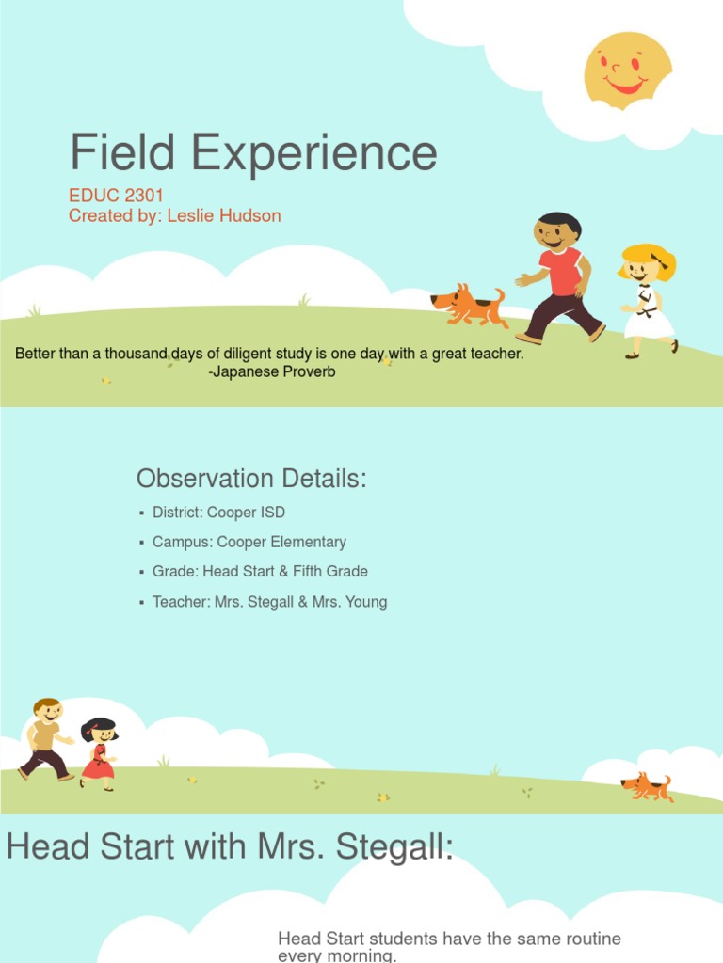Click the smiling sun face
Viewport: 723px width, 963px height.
[628, 70]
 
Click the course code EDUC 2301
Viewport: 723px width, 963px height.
[116, 196]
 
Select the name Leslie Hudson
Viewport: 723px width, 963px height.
[224, 215]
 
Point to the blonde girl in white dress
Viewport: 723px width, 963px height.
[648, 300]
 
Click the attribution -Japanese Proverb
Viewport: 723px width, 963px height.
[271, 371]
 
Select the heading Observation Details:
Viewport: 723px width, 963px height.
[251, 479]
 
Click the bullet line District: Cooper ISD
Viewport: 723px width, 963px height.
[218, 513]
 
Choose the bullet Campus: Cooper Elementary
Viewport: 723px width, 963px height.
[249, 542]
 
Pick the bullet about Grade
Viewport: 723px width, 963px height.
[260, 571]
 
